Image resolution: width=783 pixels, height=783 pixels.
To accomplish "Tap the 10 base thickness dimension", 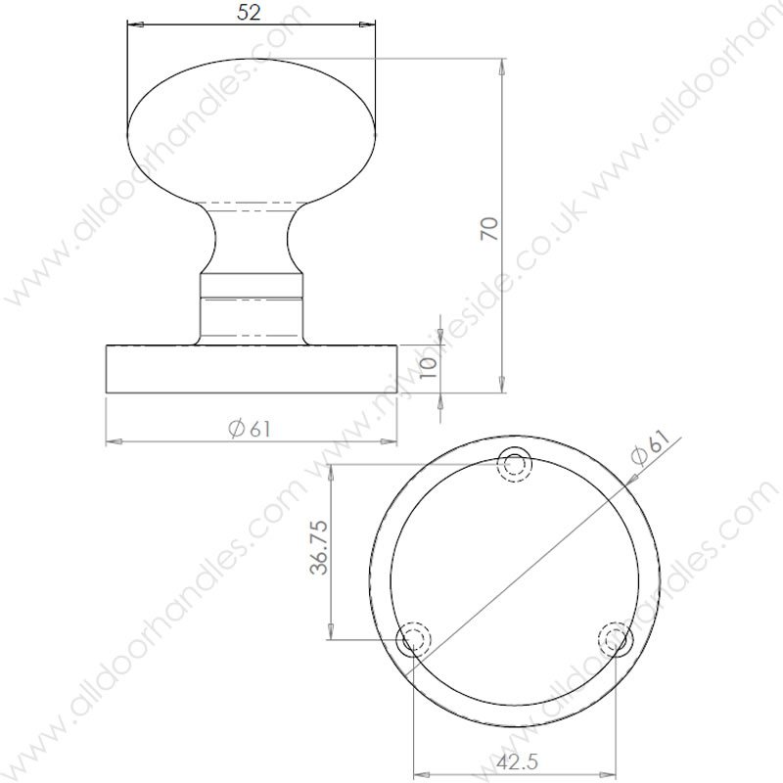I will coord(427,368).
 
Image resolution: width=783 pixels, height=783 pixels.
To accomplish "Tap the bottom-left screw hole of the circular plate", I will coord(413,641).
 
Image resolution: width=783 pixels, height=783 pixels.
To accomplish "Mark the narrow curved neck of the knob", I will coord(252,240).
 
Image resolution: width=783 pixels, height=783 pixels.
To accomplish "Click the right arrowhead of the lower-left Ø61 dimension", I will coord(391,442).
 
